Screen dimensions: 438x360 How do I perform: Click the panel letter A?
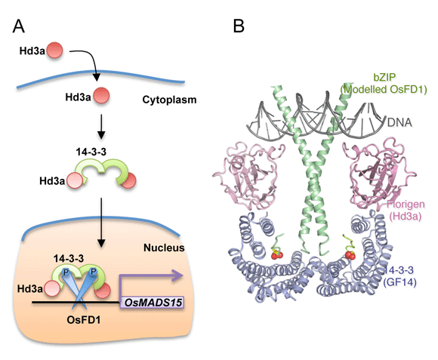(18, 26)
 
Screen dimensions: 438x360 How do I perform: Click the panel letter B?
(239, 26)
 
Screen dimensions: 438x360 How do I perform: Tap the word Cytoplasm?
(169, 100)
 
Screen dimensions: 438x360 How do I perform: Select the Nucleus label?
(164, 248)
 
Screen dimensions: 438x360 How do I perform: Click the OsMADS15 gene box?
(152, 302)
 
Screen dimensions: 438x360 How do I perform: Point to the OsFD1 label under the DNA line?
(84, 320)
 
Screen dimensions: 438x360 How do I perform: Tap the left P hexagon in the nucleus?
(66, 272)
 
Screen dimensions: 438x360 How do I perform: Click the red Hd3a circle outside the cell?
(54, 51)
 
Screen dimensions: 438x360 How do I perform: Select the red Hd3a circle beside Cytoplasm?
(101, 95)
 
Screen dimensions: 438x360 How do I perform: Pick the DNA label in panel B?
(399, 122)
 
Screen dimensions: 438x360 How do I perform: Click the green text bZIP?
(384, 77)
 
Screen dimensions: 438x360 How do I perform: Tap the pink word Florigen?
(406, 204)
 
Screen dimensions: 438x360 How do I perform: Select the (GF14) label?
(399, 282)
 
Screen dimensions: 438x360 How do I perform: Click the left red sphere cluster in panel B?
(277, 254)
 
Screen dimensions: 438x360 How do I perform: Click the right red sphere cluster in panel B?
(350, 255)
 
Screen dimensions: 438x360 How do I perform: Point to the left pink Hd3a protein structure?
(248, 174)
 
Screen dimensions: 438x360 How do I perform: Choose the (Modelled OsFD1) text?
(384, 89)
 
